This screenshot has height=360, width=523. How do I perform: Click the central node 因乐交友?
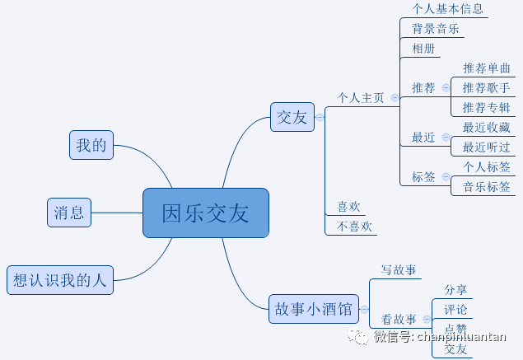pos(205,213)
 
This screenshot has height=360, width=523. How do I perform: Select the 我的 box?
pos(91,145)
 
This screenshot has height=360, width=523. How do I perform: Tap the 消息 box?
pos(68,212)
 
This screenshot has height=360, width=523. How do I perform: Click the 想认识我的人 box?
pos(60,279)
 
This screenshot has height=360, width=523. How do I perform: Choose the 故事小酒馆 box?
pos(312,309)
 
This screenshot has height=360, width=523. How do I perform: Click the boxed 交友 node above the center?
pos(292,116)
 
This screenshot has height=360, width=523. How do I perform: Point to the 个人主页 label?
pos(361,97)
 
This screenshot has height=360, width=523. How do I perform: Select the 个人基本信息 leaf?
pos(447,9)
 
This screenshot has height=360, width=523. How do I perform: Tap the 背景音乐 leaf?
pos(436,29)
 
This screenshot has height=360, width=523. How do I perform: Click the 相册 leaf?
pos(423,49)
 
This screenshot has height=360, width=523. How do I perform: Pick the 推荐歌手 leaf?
pos(486,87)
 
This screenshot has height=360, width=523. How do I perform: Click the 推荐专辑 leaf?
pos(486,107)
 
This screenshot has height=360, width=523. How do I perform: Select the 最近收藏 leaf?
pos(486,127)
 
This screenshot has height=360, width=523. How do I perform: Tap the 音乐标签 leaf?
pos(486,186)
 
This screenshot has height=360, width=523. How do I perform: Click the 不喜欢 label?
pos(355,226)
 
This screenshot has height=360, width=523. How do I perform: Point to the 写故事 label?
pos(398,270)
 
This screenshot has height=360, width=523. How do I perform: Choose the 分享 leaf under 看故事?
pos(455,289)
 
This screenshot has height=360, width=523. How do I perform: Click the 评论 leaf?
pos(455,310)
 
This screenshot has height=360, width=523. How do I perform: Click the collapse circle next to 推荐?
pos(446,87)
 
